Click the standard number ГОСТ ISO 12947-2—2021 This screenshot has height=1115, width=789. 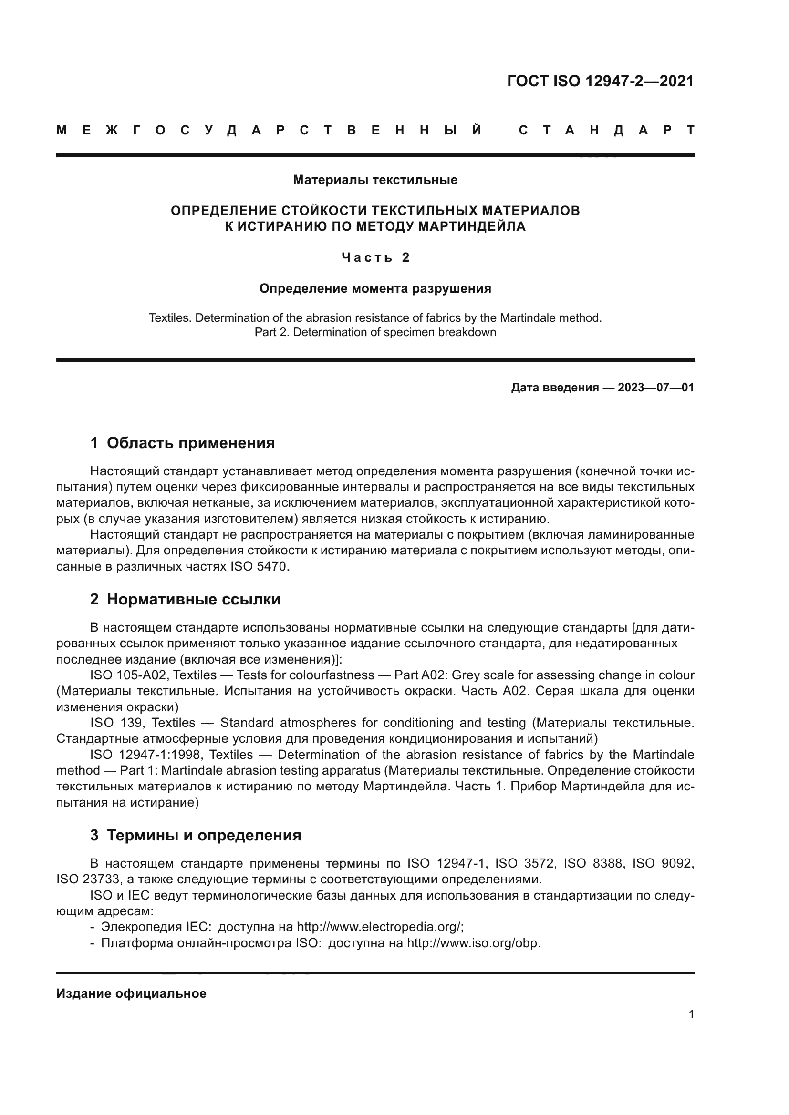click(600, 81)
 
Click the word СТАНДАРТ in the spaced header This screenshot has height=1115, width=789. click(606, 130)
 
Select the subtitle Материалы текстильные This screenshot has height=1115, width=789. click(375, 180)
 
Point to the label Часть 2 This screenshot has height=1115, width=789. click(375, 257)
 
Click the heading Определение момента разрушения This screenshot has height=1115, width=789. click(375, 288)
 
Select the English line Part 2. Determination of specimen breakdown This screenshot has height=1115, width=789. click(375, 332)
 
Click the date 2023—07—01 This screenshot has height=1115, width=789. click(655, 388)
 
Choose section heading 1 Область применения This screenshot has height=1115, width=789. click(182, 443)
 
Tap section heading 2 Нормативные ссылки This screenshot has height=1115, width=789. click(185, 599)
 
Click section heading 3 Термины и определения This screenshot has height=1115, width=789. click(195, 835)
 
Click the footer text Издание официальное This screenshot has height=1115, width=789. click(131, 993)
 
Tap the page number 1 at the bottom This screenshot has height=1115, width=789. click(691, 1014)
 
